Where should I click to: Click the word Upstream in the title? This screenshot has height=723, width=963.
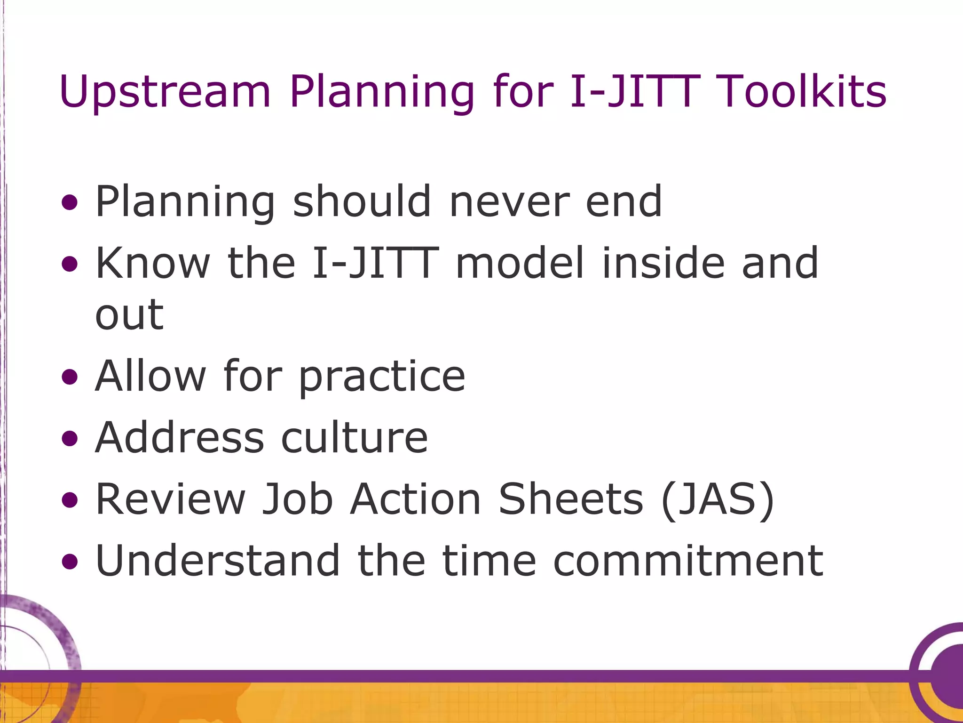pos(165,93)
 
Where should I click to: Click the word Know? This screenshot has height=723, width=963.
pos(152,263)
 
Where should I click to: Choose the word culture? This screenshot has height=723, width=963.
pos(355,437)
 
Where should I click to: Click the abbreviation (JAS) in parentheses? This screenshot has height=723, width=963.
pos(718,499)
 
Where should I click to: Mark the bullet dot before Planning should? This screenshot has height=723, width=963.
pos(70,203)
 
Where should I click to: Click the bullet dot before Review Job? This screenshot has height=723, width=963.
pos(70,500)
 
